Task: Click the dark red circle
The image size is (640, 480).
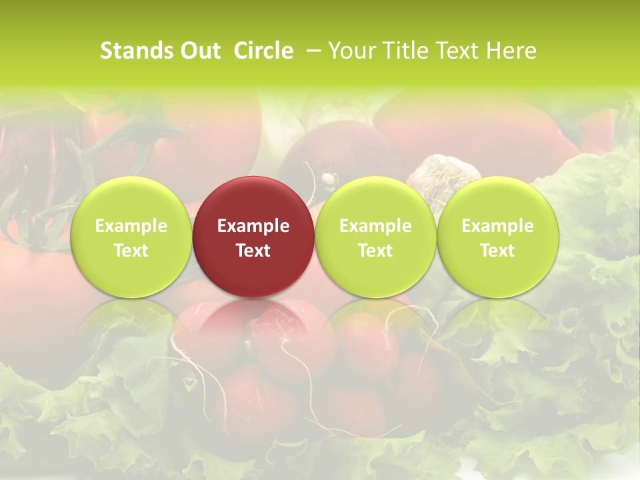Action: point(253,237)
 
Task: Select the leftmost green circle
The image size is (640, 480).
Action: point(131,237)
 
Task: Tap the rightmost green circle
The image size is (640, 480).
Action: point(497,237)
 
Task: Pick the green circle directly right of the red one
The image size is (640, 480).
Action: point(375,237)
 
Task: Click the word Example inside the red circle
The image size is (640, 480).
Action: point(253,226)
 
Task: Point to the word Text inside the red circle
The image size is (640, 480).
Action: point(253,251)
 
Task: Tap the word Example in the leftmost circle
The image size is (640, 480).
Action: point(131,226)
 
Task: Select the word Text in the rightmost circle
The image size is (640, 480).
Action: point(497,251)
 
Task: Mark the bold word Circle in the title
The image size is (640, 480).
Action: point(263,51)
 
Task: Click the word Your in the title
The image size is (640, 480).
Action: point(350,51)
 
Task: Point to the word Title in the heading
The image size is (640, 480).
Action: point(404,51)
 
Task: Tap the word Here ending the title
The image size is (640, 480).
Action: point(513,51)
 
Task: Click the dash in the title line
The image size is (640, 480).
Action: point(314,51)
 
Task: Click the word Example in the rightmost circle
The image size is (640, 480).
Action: point(497,226)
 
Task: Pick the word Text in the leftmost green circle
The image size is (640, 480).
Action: point(131,251)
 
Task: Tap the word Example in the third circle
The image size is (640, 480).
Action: point(375,226)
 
